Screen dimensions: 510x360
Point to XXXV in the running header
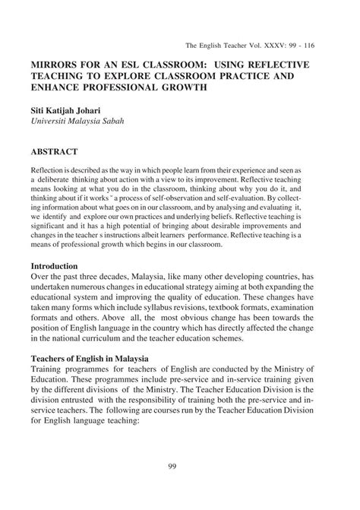tap(282, 46)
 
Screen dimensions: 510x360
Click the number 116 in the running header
tap(327, 46)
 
